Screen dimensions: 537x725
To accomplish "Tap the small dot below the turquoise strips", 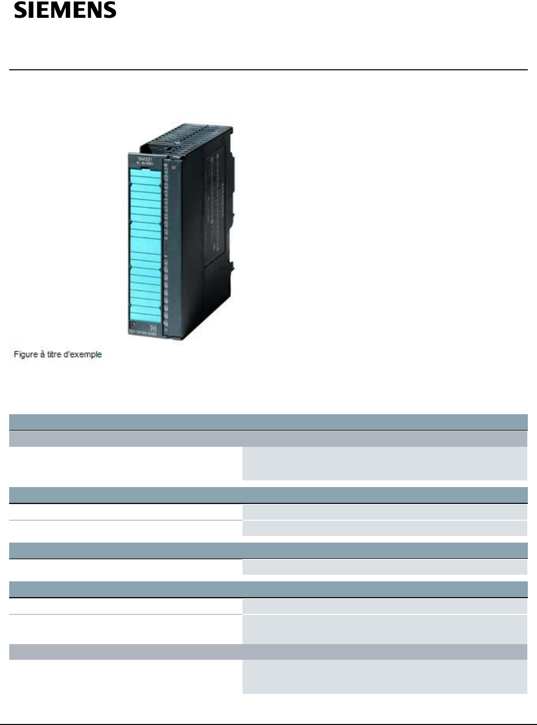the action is pos(132,325).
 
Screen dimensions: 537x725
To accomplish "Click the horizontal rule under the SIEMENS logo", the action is pos(268,70).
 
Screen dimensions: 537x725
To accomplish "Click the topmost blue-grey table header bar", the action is pos(268,422).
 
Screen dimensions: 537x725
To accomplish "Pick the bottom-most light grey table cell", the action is pos(384,677).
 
